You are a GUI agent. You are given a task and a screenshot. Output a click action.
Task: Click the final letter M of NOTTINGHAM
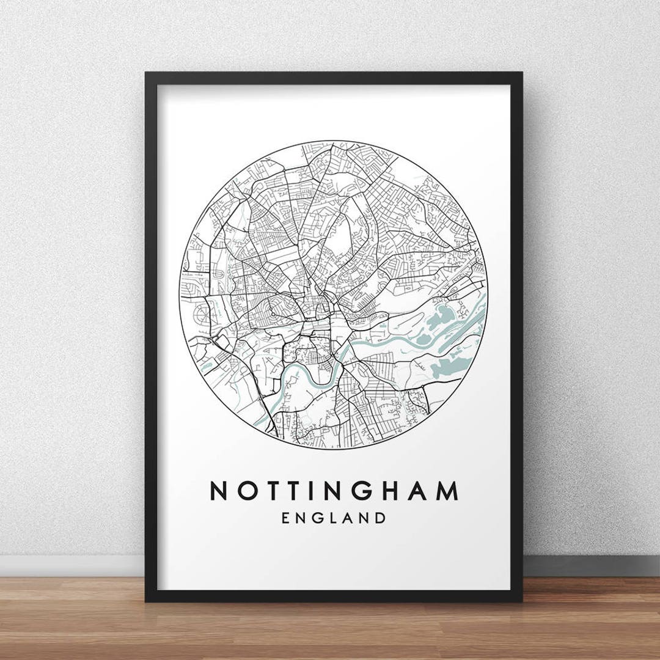click(x=448, y=491)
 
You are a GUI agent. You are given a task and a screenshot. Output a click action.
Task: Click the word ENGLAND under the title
click(x=334, y=518)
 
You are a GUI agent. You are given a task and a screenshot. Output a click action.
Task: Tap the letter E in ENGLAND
click(x=286, y=518)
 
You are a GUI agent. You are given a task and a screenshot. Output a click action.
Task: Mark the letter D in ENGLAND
click(x=381, y=518)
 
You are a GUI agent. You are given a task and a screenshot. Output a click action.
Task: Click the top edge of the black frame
click(x=334, y=78)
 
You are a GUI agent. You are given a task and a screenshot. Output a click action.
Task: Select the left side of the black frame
click(x=151, y=336)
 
